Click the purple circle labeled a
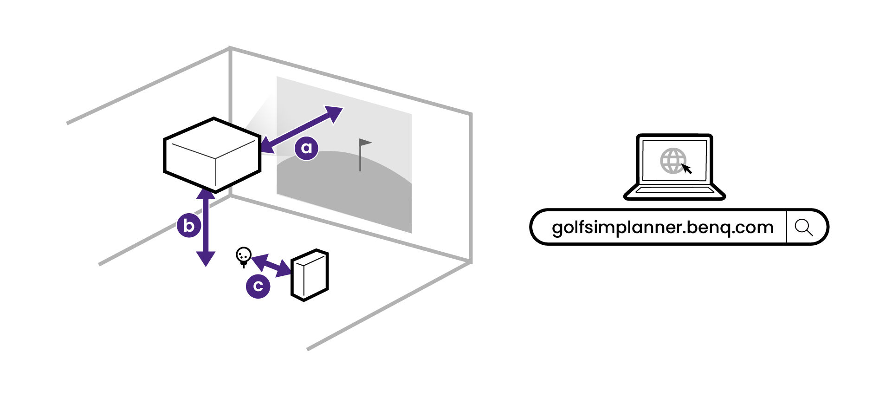pos(306,148)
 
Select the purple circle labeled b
pos(189,226)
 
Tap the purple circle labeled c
pos(258,286)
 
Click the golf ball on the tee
pos(244,254)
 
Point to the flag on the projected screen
pos(365,143)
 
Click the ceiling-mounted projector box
pos(213,155)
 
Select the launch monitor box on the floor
pos(310,275)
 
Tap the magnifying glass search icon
pos(803,228)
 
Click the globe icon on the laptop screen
pos(672,161)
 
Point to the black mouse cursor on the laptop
pos(687,169)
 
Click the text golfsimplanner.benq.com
pos(662,228)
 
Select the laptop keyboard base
pos(674,191)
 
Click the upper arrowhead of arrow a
pos(335,113)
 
